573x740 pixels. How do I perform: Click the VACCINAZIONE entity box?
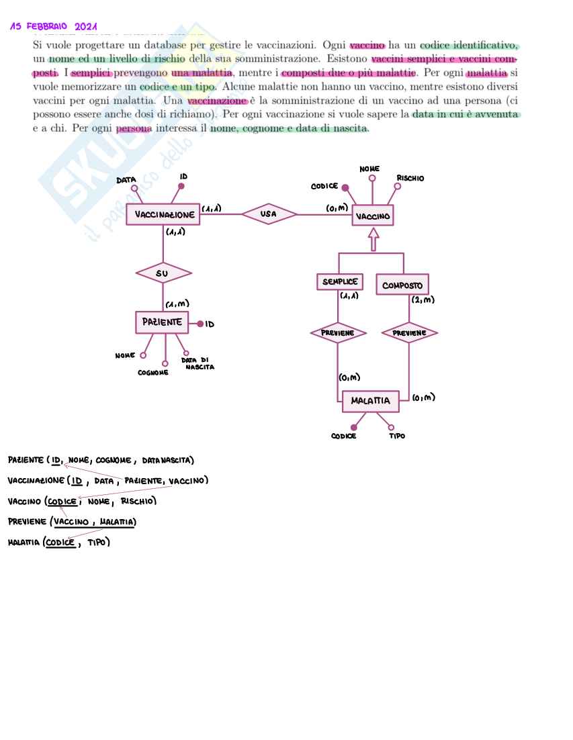tap(163, 215)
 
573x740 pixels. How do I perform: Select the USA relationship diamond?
tap(269, 214)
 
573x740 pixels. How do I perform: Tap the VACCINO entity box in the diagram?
tap(373, 216)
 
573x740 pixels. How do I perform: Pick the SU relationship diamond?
tap(163, 273)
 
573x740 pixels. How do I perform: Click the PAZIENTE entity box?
tap(161, 322)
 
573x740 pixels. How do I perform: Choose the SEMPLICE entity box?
tap(339, 282)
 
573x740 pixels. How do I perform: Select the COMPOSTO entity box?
tap(402, 285)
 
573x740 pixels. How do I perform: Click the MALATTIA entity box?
tap(370, 401)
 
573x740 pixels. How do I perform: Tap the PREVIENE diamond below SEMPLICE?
tap(338, 332)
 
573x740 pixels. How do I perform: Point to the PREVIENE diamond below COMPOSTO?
tap(409, 332)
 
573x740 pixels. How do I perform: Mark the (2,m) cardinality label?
tap(423, 300)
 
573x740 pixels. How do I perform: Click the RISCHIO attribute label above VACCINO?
tap(410, 179)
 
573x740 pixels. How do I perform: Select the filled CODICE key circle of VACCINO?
tap(345, 188)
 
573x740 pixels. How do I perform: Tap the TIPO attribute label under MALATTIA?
tap(397, 436)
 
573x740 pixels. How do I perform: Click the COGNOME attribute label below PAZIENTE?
tap(153, 372)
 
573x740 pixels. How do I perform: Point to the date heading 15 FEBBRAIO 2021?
tap(54, 27)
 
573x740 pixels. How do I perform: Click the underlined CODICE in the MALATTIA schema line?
tap(60, 542)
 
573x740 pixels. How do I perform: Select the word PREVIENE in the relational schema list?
tap(28, 522)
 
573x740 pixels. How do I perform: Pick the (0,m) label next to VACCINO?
tap(337, 208)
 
